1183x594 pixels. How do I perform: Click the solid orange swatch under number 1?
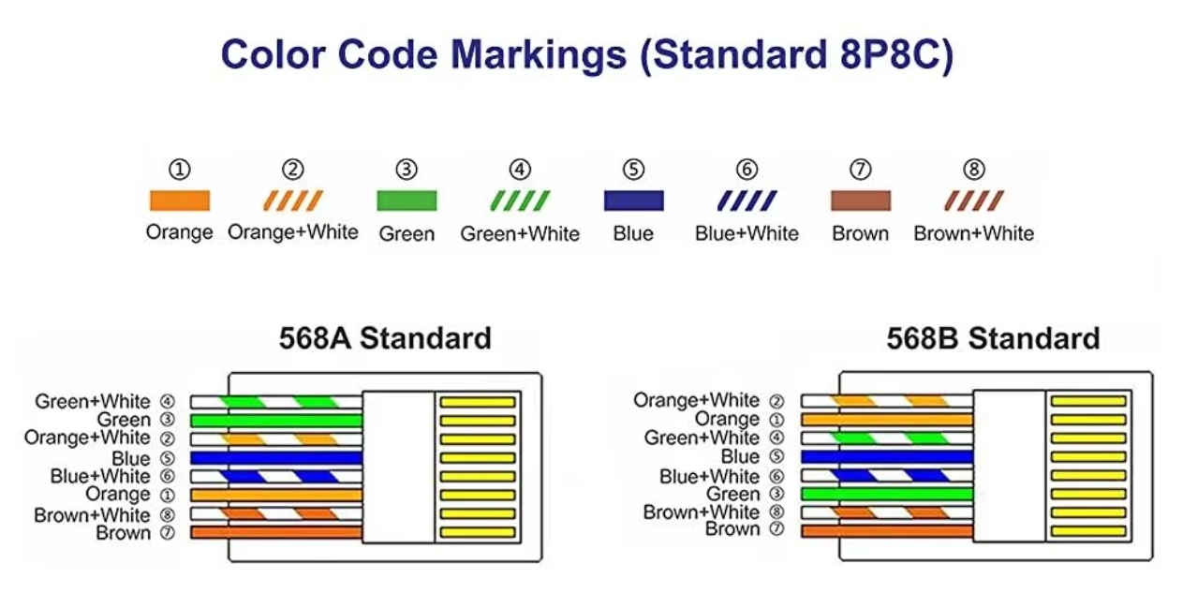(x=180, y=200)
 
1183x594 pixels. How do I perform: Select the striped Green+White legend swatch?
(x=520, y=200)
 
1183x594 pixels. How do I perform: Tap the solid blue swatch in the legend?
(x=634, y=200)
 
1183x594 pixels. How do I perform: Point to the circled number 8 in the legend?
(x=974, y=170)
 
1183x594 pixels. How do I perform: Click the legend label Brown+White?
(x=974, y=233)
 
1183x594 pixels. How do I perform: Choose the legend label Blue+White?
(x=747, y=233)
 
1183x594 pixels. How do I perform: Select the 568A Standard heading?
(x=385, y=338)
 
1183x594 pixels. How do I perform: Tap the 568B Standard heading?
(x=993, y=338)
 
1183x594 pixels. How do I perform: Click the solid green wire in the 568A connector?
(x=276, y=421)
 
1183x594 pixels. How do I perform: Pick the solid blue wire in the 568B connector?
(x=887, y=457)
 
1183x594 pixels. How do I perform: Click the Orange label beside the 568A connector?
(x=118, y=494)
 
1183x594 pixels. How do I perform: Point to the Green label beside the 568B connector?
(x=733, y=494)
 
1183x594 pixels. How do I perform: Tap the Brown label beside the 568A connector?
(x=123, y=533)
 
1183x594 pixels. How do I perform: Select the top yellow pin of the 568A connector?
(x=478, y=402)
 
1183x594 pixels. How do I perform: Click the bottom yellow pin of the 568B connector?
(x=1088, y=531)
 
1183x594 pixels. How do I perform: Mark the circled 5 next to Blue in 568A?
(x=168, y=458)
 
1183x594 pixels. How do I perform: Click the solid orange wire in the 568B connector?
(x=887, y=420)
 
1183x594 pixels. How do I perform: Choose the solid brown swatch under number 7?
(x=861, y=200)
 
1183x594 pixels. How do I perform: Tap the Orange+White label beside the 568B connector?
(x=696, y=400)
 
